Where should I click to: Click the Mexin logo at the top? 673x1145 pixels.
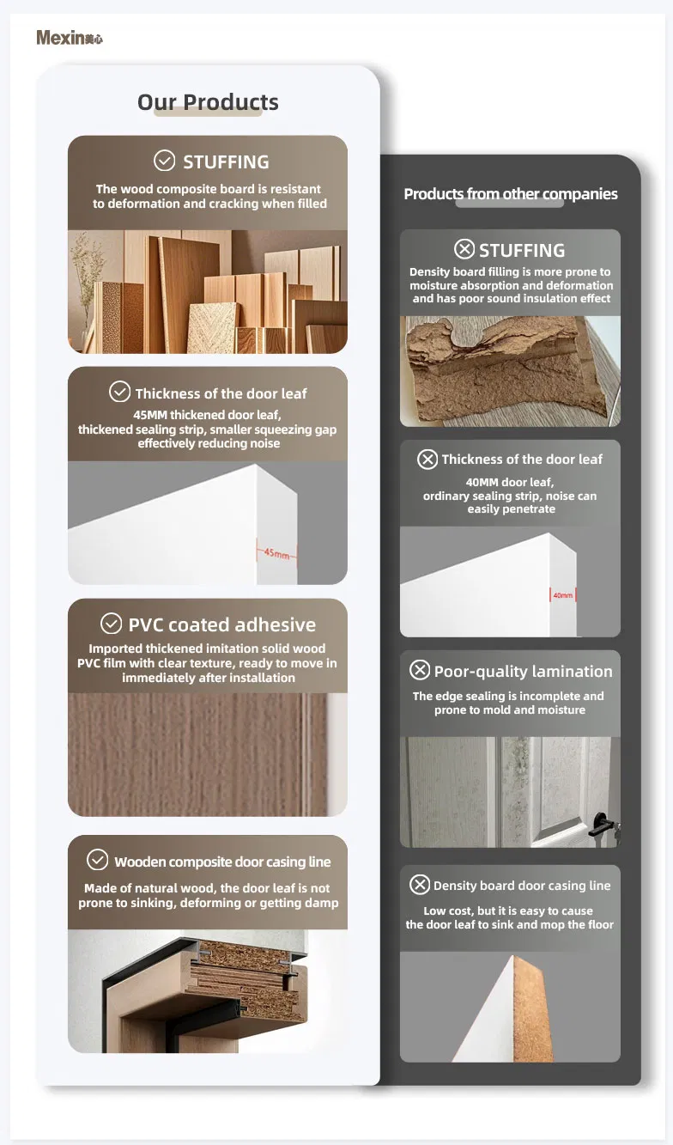coord(69,38)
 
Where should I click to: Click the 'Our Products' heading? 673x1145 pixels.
coord(208,102)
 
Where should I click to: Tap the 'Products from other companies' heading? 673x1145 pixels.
coord(511,194)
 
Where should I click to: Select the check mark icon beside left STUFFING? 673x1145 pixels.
coord(164,161)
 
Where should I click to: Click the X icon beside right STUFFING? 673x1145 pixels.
coord(464,249)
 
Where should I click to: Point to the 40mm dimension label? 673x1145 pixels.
coord(562,594)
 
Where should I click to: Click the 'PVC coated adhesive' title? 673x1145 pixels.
coord(221,624)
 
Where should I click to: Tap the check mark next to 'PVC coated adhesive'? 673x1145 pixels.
coord(111,624)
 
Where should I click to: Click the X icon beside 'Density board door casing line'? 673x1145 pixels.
coord(420,885)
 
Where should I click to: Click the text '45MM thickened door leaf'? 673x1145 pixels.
coord(208,415)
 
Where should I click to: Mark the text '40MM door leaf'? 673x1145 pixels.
coord(511,482)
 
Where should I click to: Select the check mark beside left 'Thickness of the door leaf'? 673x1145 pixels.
coord(120,393)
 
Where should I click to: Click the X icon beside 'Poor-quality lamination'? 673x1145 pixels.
coord(420,670)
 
